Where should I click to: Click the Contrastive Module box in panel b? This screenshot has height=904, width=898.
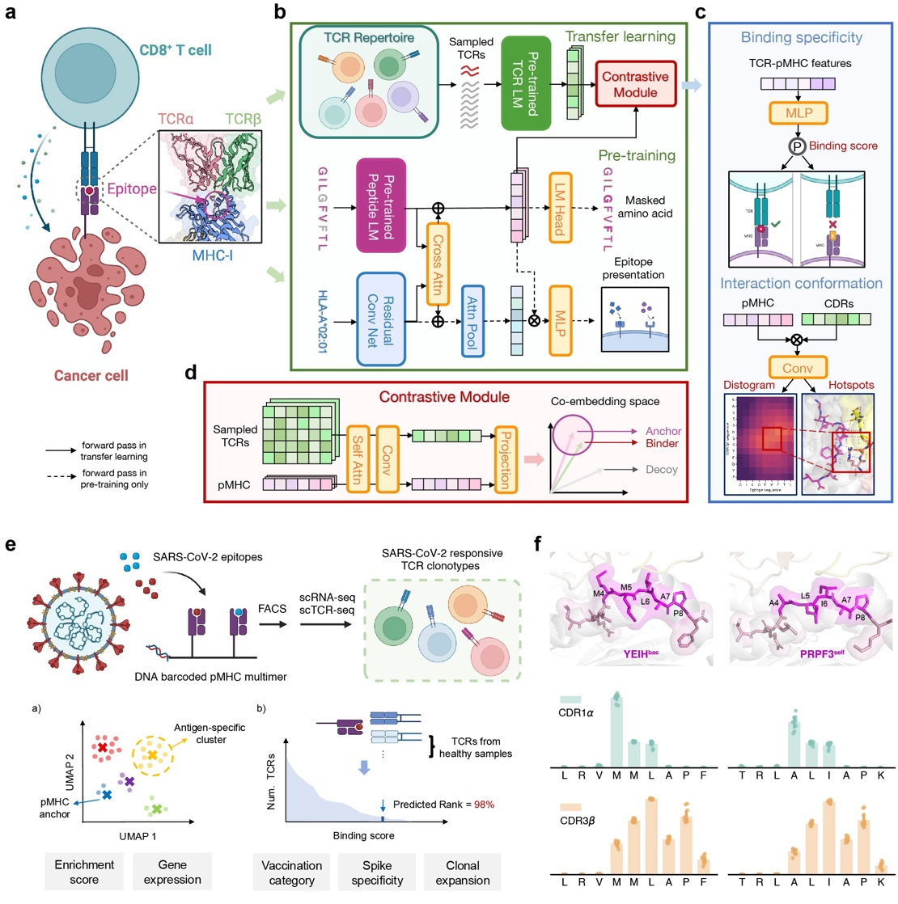635,85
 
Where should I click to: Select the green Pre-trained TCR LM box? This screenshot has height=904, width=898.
526,83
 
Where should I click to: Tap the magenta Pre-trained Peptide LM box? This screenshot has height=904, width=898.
380,205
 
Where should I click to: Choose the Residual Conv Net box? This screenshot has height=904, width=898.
380,320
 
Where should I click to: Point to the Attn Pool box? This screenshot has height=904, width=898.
472,320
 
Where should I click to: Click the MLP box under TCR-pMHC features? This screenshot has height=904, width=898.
798,114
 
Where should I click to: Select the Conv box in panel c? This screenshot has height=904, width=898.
798,368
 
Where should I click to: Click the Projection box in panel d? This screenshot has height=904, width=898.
506,460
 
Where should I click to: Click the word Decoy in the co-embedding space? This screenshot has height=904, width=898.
662,470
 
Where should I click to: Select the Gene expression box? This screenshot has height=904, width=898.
172,872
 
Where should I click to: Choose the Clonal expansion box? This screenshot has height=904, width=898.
462,872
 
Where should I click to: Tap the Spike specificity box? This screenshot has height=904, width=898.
376,872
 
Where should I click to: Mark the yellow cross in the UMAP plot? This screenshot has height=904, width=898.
151,755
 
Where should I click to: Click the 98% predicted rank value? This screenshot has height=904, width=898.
485,805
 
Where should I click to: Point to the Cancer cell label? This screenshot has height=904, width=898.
91,375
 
